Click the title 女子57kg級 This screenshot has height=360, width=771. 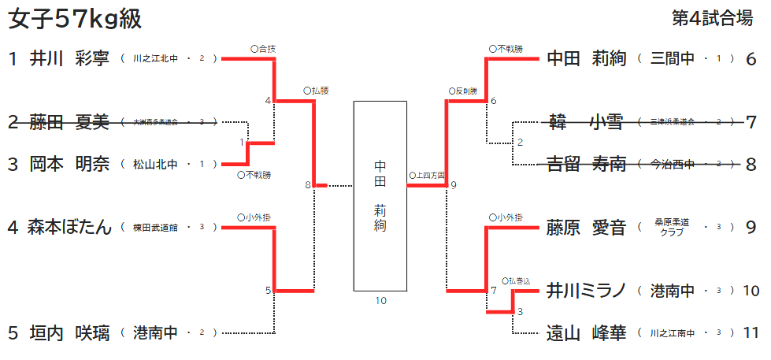(75, 20)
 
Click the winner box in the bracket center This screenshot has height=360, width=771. (380, 196)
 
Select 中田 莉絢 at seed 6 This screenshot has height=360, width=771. (586, 58)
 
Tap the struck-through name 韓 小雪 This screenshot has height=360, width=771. (586, 122)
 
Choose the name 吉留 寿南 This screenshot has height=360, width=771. (586, 164)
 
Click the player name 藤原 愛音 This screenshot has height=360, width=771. (586, 228)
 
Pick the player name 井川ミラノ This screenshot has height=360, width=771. (586, 291)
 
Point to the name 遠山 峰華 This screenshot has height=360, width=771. (586, 332)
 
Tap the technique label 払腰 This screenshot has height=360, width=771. (316, 91)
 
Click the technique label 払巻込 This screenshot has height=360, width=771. (521, 280)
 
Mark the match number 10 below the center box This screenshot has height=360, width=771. (380, 300)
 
